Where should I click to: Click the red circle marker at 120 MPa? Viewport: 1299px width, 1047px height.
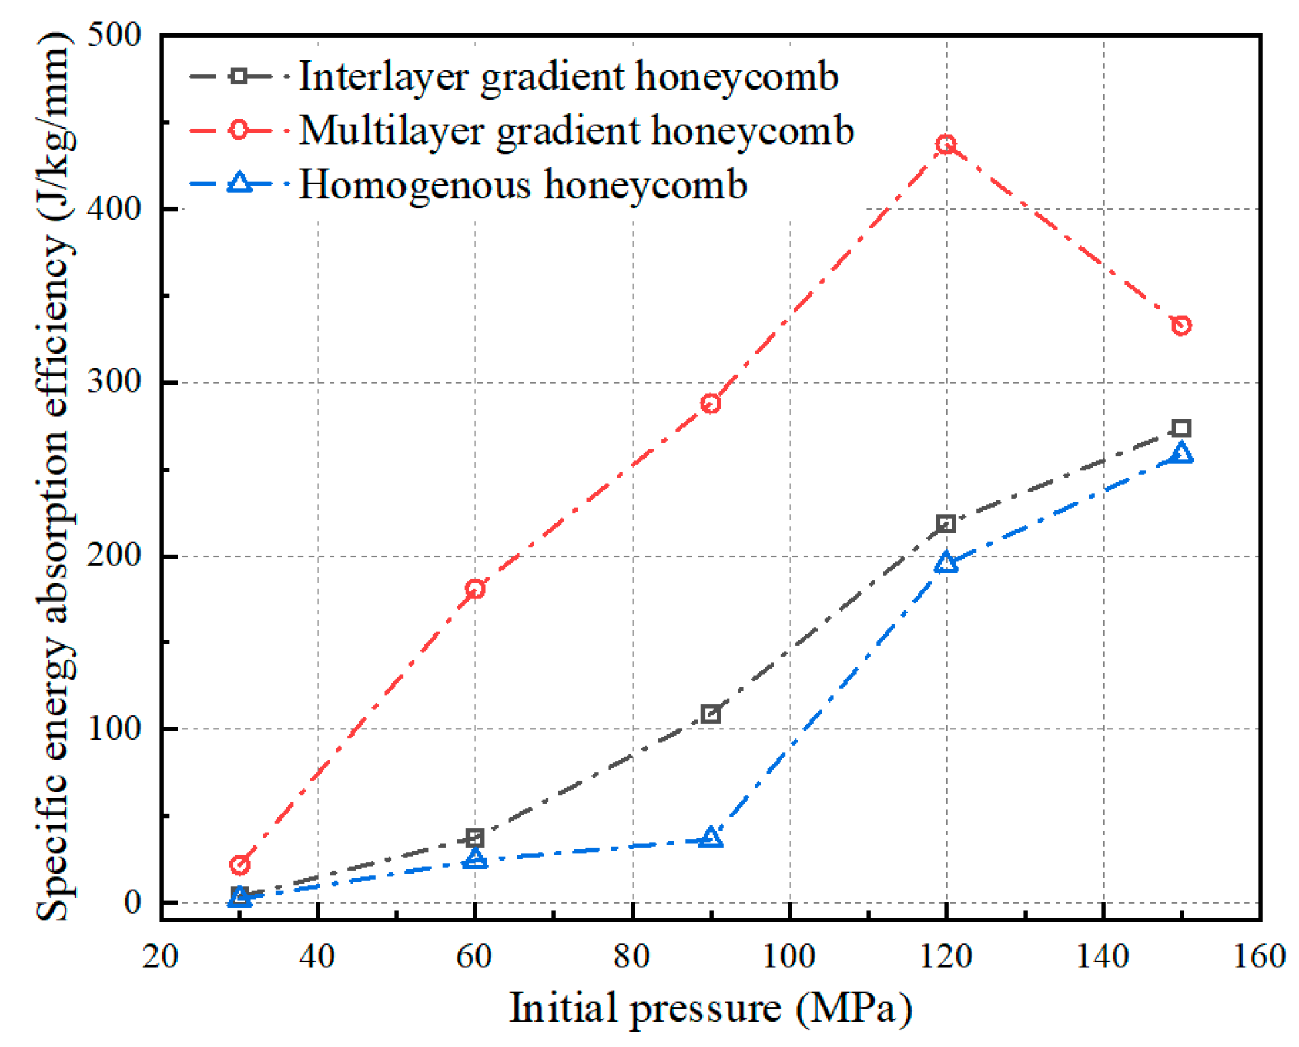tap(946, 144)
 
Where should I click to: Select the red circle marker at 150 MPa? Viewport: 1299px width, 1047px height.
tap(1181, 326)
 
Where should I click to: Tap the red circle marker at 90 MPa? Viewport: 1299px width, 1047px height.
tap(710, 403)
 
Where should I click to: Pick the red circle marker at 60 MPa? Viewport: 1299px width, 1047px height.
tap(475, 589)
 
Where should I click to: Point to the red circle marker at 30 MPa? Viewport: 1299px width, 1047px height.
tap(239, 865)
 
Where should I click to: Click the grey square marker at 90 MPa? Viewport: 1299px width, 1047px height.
tap(710, 714)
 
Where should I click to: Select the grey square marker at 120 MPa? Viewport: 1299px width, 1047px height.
tap(946, 524)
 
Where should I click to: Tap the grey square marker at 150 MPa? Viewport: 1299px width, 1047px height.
tap(1181, 429)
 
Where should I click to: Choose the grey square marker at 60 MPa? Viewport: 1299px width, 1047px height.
tap(475, 837)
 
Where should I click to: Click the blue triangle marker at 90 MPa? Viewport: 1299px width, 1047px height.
tap(710, 839)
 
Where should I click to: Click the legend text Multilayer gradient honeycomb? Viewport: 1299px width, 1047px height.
tap(576, 130)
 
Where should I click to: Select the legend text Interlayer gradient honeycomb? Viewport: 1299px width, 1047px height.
tap(568, 76)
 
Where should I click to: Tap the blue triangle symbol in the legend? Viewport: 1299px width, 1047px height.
tap(239, 184)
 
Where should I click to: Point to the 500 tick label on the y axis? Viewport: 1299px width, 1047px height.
tap(115, 35)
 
